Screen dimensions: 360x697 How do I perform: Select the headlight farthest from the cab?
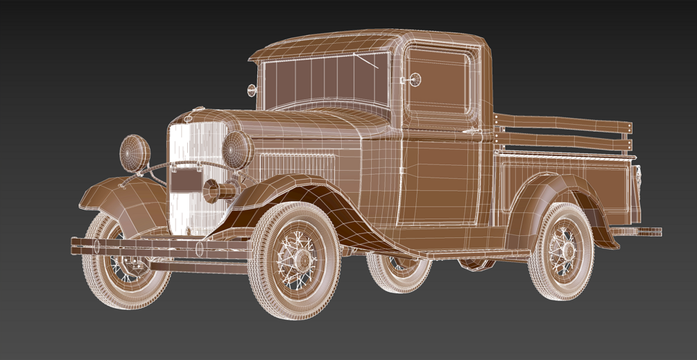pos(135,153)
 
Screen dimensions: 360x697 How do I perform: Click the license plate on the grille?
pos(185,181)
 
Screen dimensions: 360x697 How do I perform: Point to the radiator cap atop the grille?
pos(198,109)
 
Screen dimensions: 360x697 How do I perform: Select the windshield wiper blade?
pos(365,61)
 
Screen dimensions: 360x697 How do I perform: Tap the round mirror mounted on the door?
pos(415,79)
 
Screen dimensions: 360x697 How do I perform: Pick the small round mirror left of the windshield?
pos(252,89)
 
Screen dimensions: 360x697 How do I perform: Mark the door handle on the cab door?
pos(472,130)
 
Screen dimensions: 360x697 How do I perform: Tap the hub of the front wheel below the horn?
pos(302,261)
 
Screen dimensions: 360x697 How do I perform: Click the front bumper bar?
pos(160,246)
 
